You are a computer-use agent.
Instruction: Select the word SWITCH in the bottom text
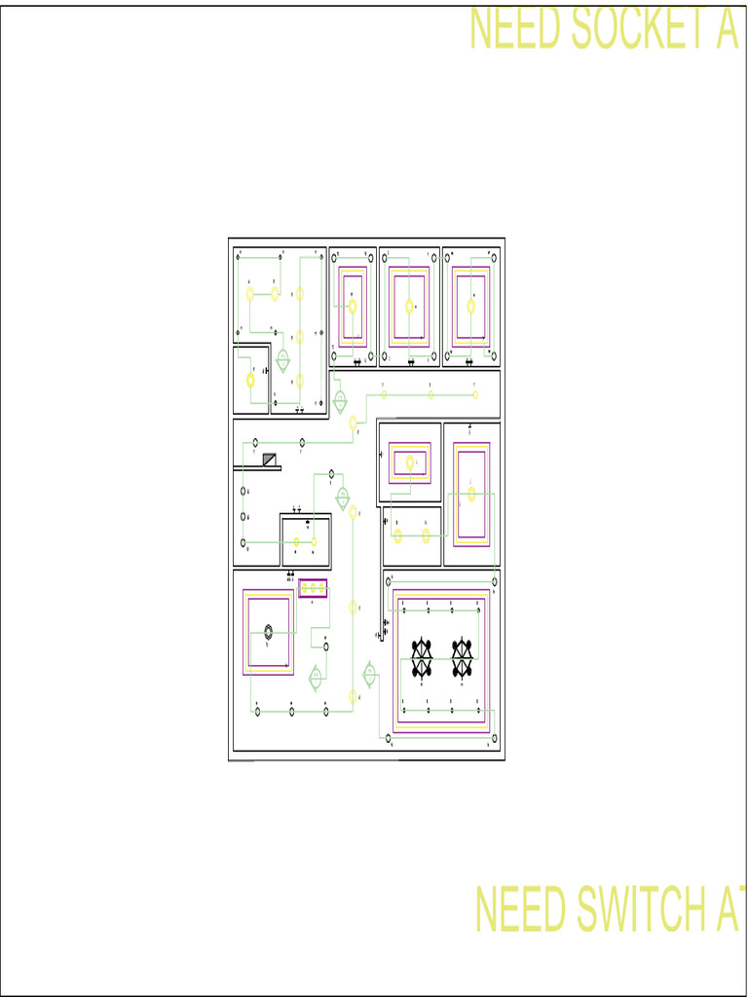click(645, 909)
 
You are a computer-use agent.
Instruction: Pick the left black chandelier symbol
click(422, 658)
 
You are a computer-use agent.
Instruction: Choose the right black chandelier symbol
click(462, 658)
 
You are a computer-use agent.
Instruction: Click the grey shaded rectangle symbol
click(270, 459)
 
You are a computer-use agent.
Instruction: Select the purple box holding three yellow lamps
click(313, 588)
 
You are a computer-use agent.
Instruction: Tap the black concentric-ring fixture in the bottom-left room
click(268, 633)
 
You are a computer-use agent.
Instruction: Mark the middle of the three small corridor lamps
click(430, 394)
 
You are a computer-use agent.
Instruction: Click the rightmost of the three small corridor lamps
click(475, 394)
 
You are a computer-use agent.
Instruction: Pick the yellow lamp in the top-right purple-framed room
click(471, 307)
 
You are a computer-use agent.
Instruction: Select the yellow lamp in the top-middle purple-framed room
click(409, 306)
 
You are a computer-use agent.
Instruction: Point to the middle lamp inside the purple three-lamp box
click(313, 588)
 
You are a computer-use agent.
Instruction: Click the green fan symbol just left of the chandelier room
click(370, 674)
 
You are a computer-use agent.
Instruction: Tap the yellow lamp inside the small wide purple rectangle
click(409, 463)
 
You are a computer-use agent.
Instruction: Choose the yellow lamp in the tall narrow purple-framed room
click(471, 494)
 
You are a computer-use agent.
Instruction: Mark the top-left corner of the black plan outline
click(229, 239)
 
